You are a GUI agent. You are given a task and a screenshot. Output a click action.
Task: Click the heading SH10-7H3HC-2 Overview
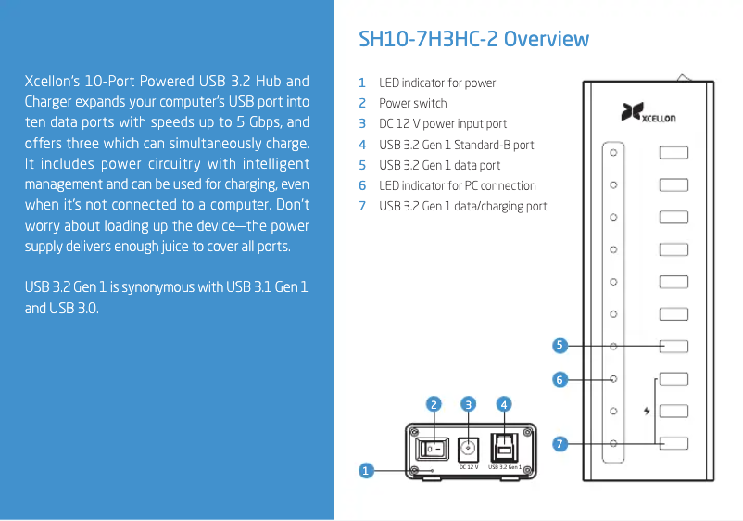[x=473, y=39]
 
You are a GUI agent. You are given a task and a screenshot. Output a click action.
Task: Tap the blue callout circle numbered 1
[x=366, y=471]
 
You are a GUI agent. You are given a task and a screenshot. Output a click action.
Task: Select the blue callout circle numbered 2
[x=433, y=403]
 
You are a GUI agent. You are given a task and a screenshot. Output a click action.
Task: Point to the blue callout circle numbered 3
[x=469, y=403]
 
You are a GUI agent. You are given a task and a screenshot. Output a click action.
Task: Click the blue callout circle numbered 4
[x=503, y=403]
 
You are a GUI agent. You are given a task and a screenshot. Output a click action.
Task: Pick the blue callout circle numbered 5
[x=560, y=346]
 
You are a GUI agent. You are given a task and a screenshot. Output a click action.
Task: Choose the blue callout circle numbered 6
[x=560, y=379]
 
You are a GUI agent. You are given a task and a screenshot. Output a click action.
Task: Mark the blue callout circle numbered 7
[x=560, y=444]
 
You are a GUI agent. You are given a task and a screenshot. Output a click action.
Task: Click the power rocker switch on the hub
[x=433, y=448]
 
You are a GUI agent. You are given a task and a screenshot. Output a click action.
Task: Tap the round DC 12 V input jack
[x=469, y=447]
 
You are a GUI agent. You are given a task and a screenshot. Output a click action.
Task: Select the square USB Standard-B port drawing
[x=504, y=446]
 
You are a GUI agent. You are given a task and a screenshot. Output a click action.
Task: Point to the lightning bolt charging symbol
[x=647, y=410]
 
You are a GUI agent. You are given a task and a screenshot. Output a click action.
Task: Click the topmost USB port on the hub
[x=674, y=153]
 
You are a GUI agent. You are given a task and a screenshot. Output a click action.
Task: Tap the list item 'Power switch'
[x=412, y=103]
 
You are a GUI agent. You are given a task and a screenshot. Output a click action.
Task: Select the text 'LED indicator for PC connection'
[x=458, y=185]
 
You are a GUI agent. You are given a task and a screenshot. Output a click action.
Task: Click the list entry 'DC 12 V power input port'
[x=443, y=123]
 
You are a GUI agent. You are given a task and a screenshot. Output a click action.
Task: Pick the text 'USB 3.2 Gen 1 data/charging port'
[x=462, y=206]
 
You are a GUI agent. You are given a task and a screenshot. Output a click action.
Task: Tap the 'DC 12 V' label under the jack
[x=469, y=467]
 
